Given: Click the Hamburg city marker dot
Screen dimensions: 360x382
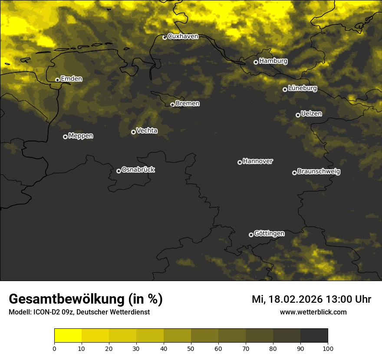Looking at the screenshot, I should point(256,62).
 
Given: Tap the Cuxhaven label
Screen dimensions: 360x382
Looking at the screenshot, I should point(183,36).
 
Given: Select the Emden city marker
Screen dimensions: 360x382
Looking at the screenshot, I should point(57,80).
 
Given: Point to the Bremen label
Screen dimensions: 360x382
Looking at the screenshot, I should point(188,104).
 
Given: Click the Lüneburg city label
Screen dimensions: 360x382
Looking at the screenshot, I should point(303,88).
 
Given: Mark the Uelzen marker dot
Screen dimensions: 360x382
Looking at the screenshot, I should point(298,115).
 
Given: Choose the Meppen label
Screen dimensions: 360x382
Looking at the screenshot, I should point(81,136).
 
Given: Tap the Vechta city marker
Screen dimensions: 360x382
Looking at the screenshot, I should point(133,132).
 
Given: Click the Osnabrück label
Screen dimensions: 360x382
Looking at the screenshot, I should point(138,170).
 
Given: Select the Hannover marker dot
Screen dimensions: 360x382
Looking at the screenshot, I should point(240,162).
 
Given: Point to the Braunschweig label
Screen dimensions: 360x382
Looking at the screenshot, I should point(319,172).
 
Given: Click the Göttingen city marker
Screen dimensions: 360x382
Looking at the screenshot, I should point(251,235).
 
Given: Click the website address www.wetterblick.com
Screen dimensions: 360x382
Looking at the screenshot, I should point(313,312).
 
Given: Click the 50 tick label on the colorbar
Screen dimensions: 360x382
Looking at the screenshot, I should point(191,348).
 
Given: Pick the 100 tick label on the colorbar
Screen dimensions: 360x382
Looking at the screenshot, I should point(328,348).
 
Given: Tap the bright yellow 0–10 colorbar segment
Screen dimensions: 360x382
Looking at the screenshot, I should point(68,336).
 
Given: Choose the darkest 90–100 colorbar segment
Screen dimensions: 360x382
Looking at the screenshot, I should point(314,336).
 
